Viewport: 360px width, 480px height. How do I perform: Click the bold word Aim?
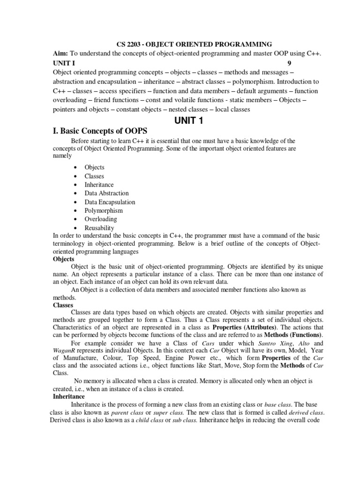(x=62, y=54)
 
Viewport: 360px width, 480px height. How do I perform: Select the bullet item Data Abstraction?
(x=106, y=193)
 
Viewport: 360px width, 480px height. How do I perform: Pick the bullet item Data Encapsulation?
(x=110, y=202)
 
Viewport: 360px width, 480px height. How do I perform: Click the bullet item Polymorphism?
(x=104, y=210)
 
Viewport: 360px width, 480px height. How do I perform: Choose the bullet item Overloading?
(x=101, y=219)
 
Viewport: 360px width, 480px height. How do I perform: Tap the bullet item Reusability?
(x=99, y=228)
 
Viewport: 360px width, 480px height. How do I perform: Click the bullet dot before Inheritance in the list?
(x=75, y=185)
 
